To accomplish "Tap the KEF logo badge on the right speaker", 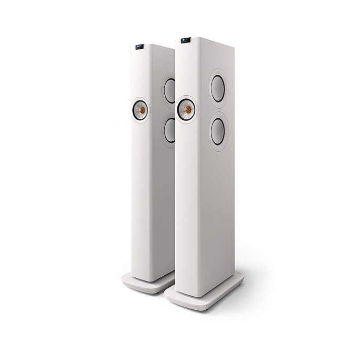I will (x=185, y=40).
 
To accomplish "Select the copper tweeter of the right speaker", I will (x=186, y=109).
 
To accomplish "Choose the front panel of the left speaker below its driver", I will (x=141, y=199).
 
